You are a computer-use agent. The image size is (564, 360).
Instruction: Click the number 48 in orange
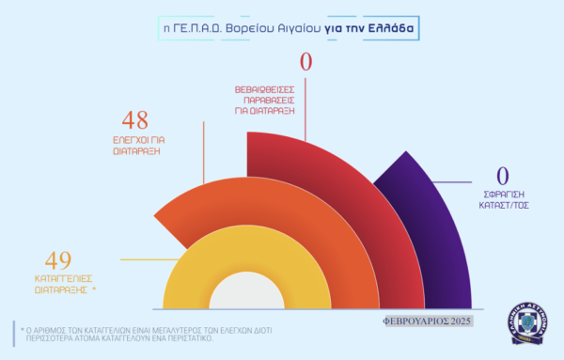pyautogui.click(x=134, y=120)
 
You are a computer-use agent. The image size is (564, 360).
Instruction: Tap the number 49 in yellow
pyautogui.click(x=58, y=260)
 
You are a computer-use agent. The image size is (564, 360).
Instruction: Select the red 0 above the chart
pyautogui.click(x=306, y=61)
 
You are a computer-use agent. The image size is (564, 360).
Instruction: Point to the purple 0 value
pyautogui.click(x=503, y=176)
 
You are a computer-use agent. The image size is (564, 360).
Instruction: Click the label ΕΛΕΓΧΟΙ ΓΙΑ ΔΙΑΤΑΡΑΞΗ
pyautogui.click(x=138, y=146)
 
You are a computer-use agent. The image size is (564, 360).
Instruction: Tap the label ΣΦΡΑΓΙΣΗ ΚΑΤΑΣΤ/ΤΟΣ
pyautogui.click(x=504, y=200)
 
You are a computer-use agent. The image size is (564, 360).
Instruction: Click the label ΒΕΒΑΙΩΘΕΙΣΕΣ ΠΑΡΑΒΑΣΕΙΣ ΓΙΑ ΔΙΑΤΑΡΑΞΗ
pyautogui.click(x=264, y=100)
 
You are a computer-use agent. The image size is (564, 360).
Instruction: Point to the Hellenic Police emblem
pyautogui.click(x=527, y=323)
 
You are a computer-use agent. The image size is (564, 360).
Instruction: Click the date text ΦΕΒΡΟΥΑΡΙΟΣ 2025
pyautogui.click(x=426, y=321)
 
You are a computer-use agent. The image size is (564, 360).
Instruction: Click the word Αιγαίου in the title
pyautogui.click(x=299, y=28)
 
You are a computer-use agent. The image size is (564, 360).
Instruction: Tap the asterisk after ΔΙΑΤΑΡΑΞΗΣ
pyautogui.click(x=94, y=289)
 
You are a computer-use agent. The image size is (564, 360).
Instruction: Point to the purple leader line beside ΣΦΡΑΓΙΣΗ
pyautogui.click(x=452, y=182)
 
